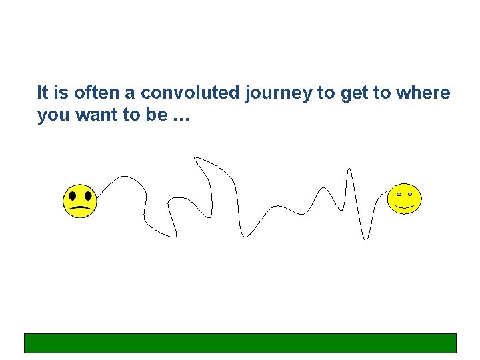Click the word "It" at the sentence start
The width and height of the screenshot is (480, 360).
tap(42, 93)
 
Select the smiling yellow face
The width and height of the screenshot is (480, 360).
tap(405, 198)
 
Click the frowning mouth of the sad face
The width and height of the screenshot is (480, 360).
tap(80, 209)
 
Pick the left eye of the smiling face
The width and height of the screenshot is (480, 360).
tap(399, 194)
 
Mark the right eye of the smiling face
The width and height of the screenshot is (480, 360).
tap(411, 194)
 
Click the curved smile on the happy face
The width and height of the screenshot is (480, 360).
tap(405, 206)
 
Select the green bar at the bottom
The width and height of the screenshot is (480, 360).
tap(240, 343)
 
